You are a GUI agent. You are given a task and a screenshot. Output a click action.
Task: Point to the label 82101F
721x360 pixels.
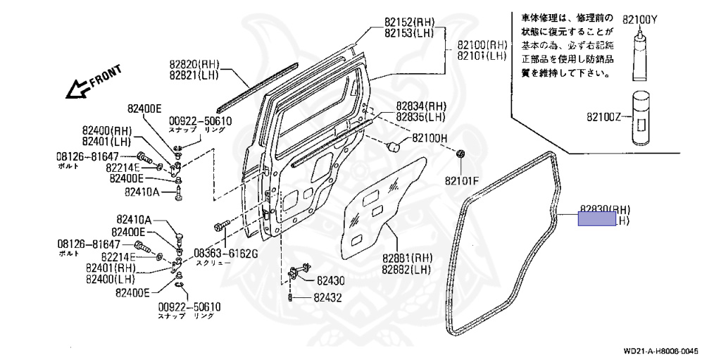(461, 180)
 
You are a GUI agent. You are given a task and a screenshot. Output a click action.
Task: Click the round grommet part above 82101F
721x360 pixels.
(461, 154)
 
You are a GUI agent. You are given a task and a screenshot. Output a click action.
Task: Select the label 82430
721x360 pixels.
(330, 280)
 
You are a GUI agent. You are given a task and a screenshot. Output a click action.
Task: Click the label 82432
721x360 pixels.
(330, 298)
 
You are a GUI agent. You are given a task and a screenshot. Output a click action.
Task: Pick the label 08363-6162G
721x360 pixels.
(226, 253)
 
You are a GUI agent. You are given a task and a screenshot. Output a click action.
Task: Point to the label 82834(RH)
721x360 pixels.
(420, 106)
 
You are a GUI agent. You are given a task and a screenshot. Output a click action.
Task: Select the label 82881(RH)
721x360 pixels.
(406, 258)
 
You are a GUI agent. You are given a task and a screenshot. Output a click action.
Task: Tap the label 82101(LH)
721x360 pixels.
(482, 56)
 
